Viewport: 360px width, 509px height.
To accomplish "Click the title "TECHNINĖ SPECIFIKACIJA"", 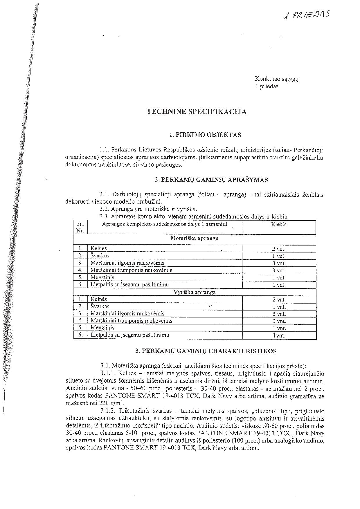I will point(197,112).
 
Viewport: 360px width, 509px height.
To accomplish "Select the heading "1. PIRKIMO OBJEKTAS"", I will point(205,135).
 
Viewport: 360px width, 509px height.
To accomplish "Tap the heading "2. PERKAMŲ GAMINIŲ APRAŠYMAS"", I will point(211,180).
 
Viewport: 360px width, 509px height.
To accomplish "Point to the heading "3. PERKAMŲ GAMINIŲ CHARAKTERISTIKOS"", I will point(206,351).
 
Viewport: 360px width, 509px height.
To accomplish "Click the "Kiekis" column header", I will point(279,224).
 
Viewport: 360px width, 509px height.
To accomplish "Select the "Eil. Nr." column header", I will point(80,227).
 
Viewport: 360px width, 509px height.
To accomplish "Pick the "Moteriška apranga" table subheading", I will point(194,239).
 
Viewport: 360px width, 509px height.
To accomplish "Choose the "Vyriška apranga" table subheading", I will point(194,292).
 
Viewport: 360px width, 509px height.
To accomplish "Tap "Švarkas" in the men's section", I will point(100,306).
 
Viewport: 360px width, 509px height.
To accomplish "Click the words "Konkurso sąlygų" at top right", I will point(276,79).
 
